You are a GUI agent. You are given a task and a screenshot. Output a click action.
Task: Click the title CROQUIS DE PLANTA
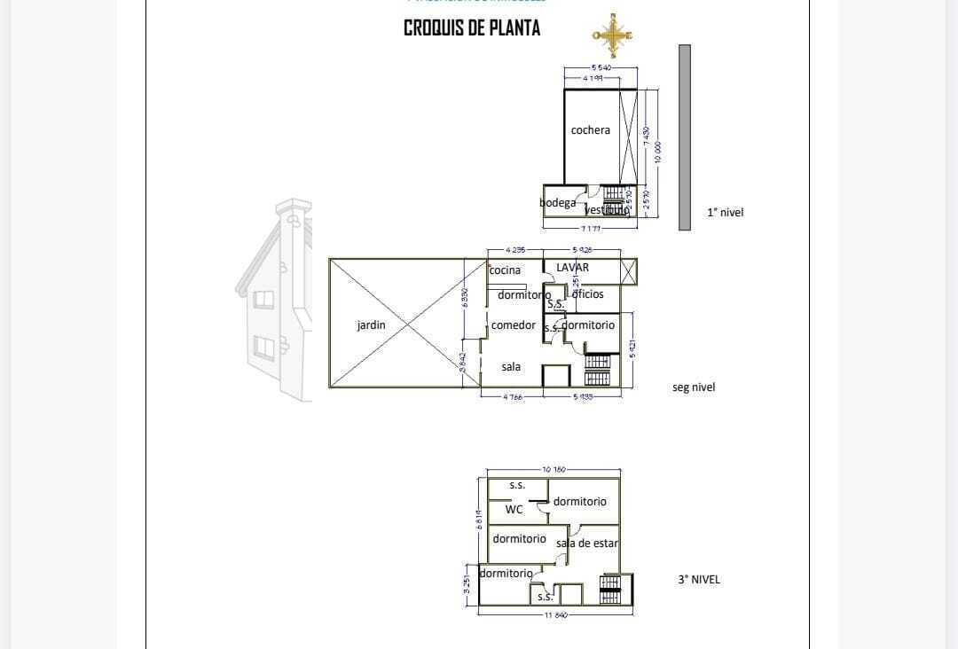[472, 28]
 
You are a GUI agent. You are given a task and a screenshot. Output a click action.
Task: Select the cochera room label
[590, 130]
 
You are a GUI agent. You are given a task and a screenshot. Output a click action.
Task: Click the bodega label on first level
[557, 203]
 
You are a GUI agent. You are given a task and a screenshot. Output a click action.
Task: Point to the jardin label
[371, 325]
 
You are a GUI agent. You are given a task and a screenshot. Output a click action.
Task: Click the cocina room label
[505, 270]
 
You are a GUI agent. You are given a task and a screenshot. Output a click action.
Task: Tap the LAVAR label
[572, 267]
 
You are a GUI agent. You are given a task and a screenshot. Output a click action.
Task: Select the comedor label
[513, 325]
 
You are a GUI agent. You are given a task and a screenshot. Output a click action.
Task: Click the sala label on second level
[511, 366]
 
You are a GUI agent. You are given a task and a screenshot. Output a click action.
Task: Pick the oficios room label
[587, 294]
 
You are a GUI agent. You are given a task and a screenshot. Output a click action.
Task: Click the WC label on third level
[514, 510]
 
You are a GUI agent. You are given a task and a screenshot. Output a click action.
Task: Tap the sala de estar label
[586, 543]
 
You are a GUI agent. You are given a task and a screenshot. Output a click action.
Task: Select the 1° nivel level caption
[725, 213]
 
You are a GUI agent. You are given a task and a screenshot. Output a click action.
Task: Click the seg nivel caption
[694, 387]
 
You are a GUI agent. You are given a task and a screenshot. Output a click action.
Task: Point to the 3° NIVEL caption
[699, 580]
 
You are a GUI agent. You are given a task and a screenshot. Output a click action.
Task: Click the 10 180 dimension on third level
[553, 468]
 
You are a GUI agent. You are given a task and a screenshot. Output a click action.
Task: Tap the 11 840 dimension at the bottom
[555, 614]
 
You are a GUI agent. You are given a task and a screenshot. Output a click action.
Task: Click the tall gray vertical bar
[684, 137]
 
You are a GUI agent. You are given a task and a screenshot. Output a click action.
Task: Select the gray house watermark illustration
[275, 301]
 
